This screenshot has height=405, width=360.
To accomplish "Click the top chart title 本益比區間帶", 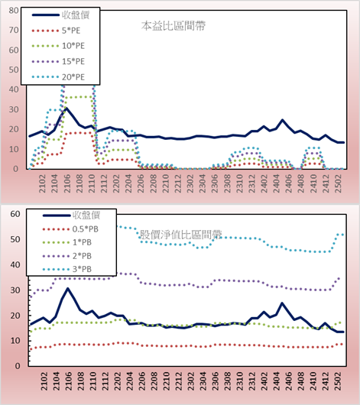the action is click(x=174, y=26).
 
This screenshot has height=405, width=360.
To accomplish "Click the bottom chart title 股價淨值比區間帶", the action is click(x=181, y=235).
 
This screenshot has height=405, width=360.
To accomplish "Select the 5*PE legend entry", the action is click(x=71, y=31).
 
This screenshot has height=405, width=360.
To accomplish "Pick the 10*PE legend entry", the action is click(x=73, y=46).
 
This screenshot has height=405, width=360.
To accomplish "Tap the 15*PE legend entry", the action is click(x=73, y=61).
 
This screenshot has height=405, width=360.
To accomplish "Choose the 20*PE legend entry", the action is click(x=73, y=77).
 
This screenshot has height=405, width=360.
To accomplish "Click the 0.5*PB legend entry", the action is click(x=86, y=229).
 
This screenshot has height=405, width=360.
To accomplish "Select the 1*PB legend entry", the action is click(x=82, y=242).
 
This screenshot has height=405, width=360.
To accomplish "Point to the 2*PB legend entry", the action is click(x=82, y=256).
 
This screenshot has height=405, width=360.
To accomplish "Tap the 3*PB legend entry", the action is click(x=82, y=269).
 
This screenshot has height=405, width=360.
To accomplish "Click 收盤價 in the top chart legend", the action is click(x=76, y=15).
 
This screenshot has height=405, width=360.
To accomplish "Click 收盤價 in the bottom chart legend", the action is click(x=86, y=215).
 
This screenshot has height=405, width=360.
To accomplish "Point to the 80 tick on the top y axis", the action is click(x=14, y=11).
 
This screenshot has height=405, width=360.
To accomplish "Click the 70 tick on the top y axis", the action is click(x=14, y=31).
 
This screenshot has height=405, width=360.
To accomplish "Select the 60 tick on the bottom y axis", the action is click(x=15, y=214).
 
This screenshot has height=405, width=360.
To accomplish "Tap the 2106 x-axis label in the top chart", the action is click(x=67, y=183).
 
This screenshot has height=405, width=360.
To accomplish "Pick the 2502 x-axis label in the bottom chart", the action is click(x=338, y=381).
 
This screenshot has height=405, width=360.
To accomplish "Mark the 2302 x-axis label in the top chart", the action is click(x=190, y=183).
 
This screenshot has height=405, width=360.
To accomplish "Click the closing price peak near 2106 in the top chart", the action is click(x=66, y=109).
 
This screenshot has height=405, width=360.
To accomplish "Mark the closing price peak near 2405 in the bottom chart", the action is click(x=282, y=303).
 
